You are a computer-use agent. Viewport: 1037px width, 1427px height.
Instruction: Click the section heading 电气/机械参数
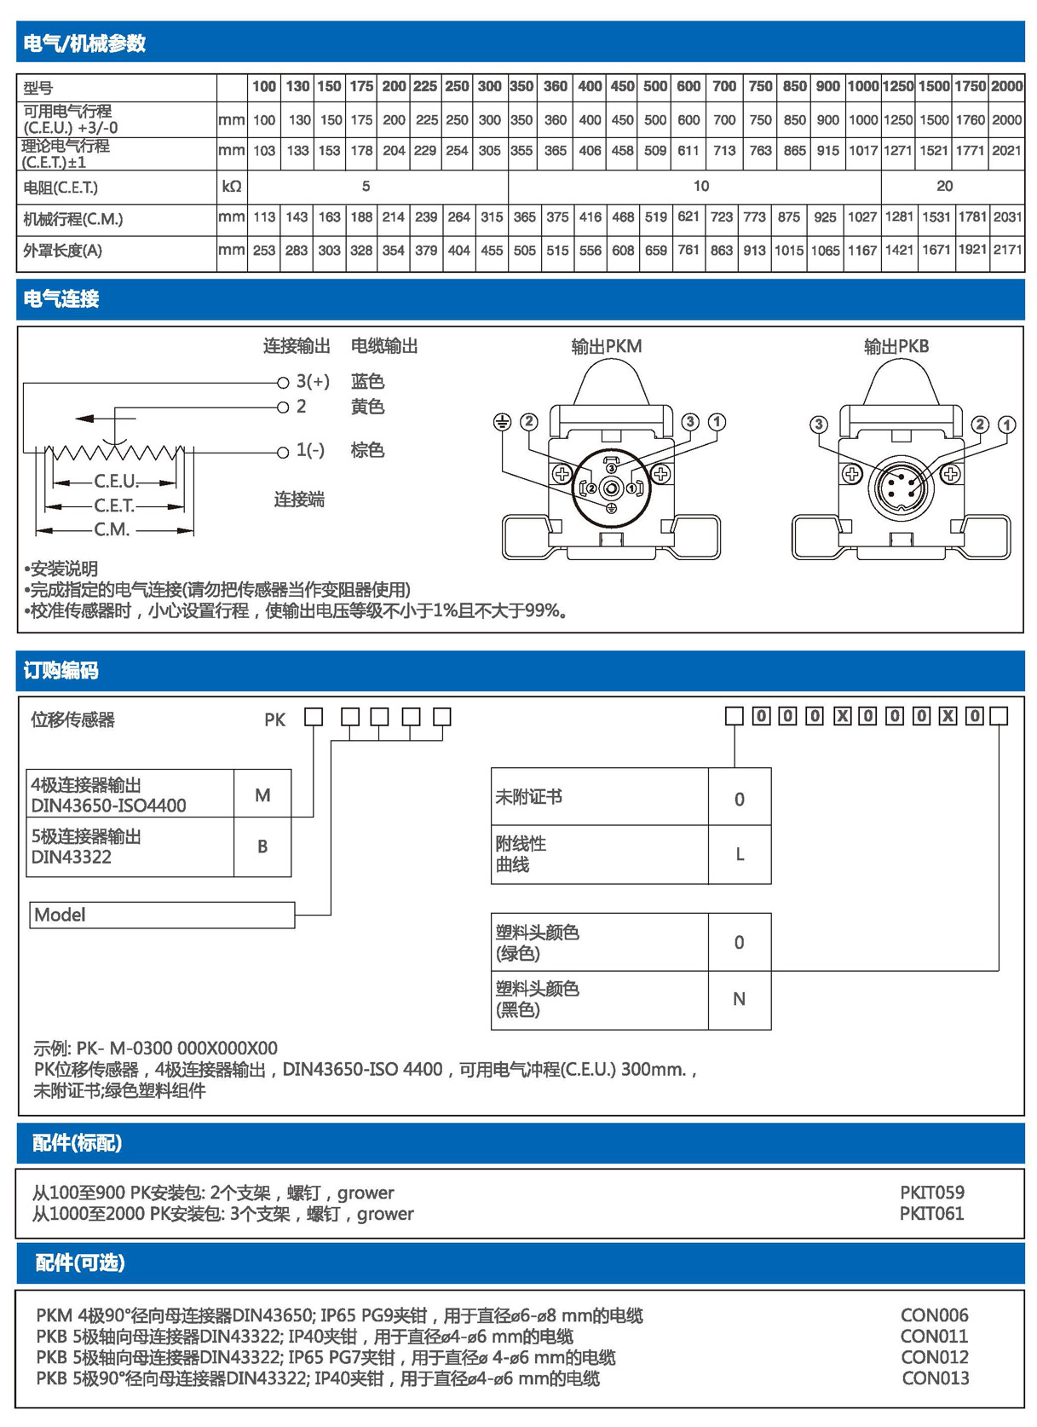[x=84, y=43]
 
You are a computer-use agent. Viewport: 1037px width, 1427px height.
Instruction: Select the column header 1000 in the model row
[x=862, y=86]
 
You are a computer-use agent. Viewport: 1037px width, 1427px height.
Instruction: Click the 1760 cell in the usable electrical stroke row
[x=971, y=120]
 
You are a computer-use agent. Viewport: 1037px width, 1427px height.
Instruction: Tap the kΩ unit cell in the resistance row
[x=231, y=186]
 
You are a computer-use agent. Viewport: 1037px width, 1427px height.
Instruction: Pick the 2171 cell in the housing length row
[x=1007, y=251]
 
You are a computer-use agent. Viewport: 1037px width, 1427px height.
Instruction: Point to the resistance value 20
[x=944, y=186]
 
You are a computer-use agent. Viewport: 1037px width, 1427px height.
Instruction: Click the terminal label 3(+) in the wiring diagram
[x=312, y=381]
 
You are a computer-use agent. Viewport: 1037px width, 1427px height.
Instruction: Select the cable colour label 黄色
[x=367, y=407]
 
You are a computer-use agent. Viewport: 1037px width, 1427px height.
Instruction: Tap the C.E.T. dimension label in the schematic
[x=114, y=506]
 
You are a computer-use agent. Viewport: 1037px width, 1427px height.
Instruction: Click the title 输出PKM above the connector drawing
[x=606, y=346]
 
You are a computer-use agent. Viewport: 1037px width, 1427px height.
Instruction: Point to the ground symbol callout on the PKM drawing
[x=503, y=422]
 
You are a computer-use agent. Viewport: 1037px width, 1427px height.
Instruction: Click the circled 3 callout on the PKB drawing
[x=819, y=425]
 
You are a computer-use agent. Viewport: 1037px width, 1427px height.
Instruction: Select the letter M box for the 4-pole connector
[x=262, y=795]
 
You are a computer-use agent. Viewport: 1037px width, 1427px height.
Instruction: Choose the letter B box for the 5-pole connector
[x=262, y=846]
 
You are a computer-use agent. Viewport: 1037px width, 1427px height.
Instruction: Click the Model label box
[x=162, y=915]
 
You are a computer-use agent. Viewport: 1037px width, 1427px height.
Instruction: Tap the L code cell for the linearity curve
[x=740, y=854]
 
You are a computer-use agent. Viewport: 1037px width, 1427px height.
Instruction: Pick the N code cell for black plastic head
[x=739, y=999]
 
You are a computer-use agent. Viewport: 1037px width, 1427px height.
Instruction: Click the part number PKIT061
[x=931, y=1213]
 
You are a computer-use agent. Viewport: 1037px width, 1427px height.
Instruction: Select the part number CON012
[x=935, y=1357]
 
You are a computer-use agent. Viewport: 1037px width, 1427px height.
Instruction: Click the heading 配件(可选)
[x=80, y=1262]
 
